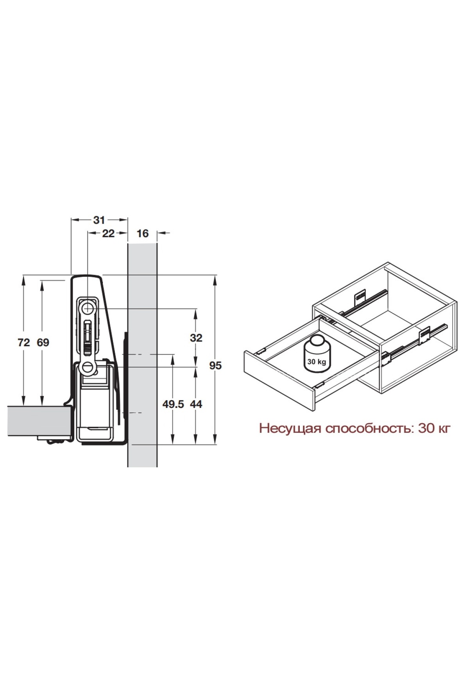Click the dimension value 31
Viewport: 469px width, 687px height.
tap(99, 220)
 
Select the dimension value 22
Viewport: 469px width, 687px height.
tap(108, 233)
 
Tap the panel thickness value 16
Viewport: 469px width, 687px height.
tap(143, 233)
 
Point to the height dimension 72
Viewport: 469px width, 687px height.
tap(24, 343)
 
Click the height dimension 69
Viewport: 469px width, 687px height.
tap(43, 343)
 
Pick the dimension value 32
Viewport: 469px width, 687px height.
tap(196, 338)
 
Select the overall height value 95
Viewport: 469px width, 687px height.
tap(215, 366)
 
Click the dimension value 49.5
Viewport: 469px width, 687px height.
tap(173, 404)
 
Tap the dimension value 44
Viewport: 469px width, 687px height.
tap(196, 404)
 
